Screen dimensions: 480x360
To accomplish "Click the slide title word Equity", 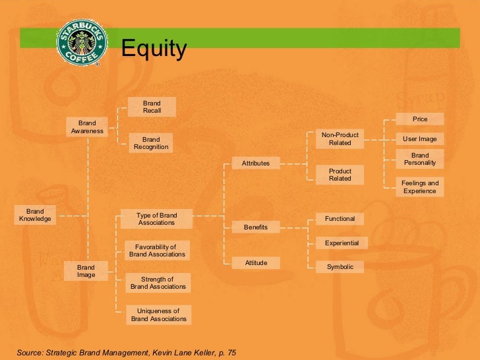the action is tap(154, 49).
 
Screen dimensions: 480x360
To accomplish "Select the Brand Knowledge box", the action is tap(35, 215).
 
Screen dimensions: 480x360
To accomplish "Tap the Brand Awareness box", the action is tap(87, 127).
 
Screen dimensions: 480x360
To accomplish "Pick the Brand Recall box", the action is tap(152, 107).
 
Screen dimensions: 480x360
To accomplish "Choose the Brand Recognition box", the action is tap(151, 143).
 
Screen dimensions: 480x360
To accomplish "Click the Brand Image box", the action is tap(86, 271).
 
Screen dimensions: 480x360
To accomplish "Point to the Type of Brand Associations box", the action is tap(156, 219).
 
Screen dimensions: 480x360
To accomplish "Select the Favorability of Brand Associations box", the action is tap(157, 251).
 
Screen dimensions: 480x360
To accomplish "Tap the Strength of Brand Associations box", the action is tap(158, 283).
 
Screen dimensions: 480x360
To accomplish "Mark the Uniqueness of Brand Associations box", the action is tap(158, 315).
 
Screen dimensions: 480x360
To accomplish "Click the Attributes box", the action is tap(256, 163).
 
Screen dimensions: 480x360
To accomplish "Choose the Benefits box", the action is tap(256, 227).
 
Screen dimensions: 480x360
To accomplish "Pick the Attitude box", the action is tap(256, 262).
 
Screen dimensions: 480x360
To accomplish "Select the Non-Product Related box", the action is tap(340, 138).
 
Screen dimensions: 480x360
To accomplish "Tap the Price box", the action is tap(420, 119).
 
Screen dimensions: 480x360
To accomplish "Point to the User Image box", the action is tap(420, 139).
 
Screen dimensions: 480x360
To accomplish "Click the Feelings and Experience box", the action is tap(420, 187).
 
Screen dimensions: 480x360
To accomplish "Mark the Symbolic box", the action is tap(340, 266).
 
